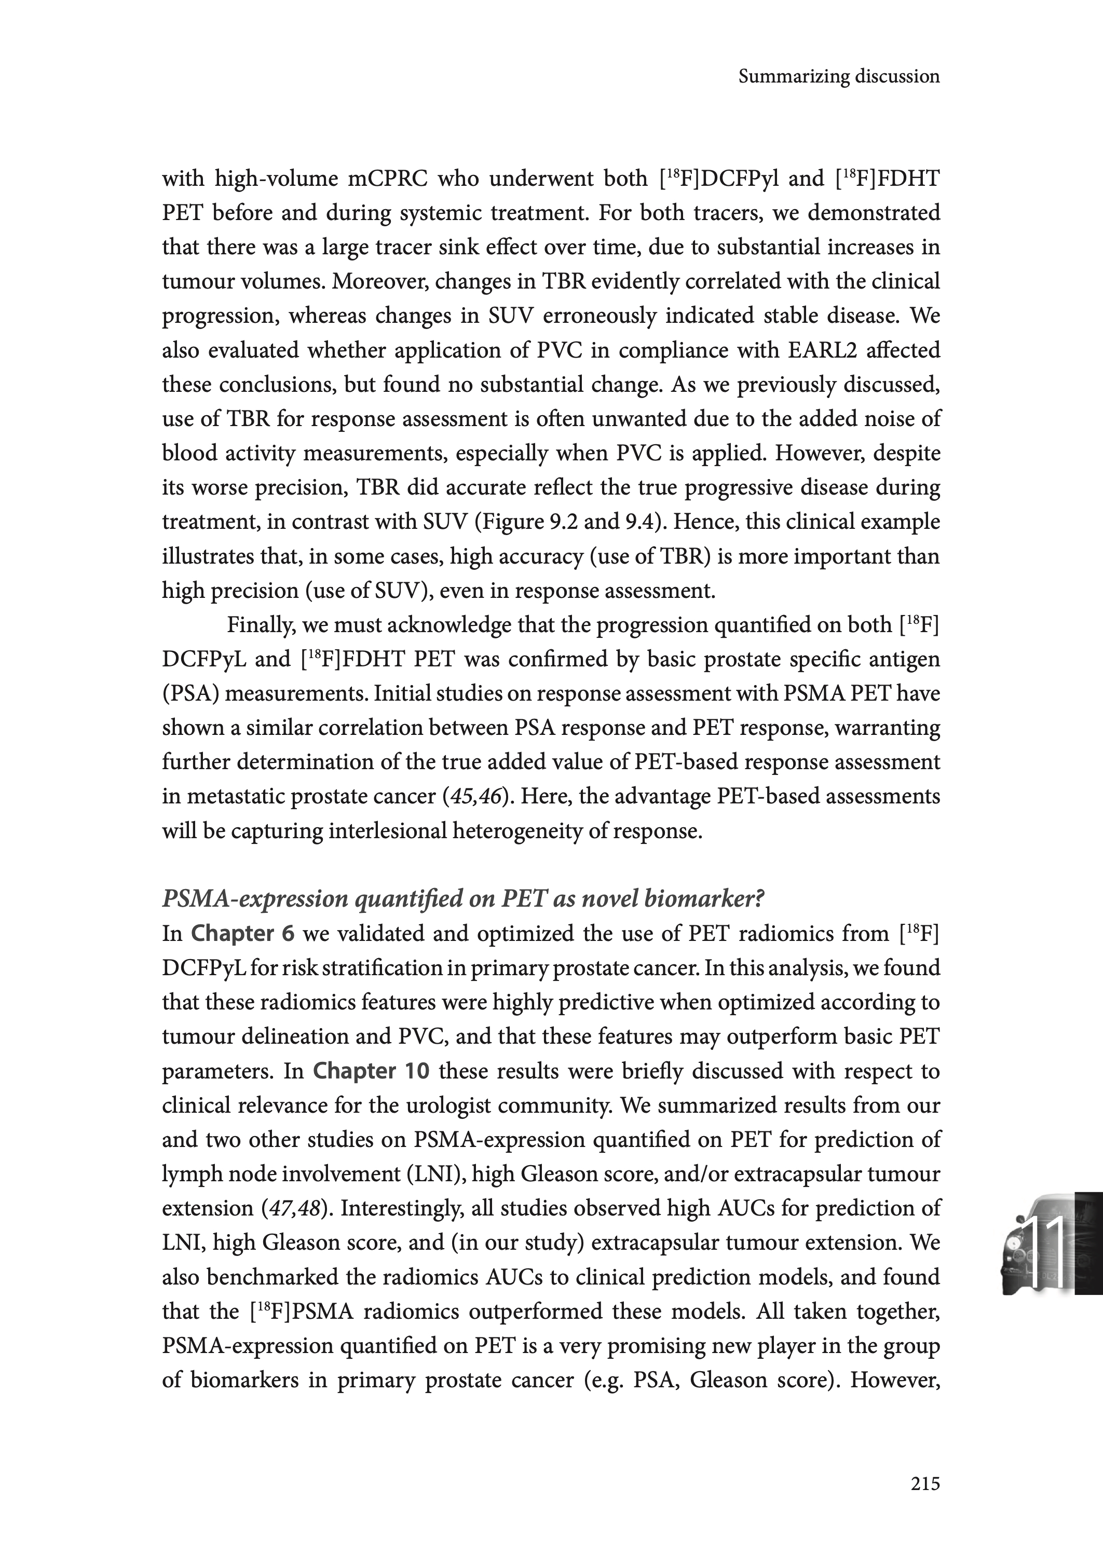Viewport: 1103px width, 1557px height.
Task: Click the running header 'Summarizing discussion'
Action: [x=839, y=77]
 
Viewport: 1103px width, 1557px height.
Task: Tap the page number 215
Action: [x=925, y=1484]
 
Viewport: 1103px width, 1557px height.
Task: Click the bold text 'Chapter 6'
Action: [x=242, y=934]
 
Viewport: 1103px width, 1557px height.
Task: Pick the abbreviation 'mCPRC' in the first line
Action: [x=387, y=179]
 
